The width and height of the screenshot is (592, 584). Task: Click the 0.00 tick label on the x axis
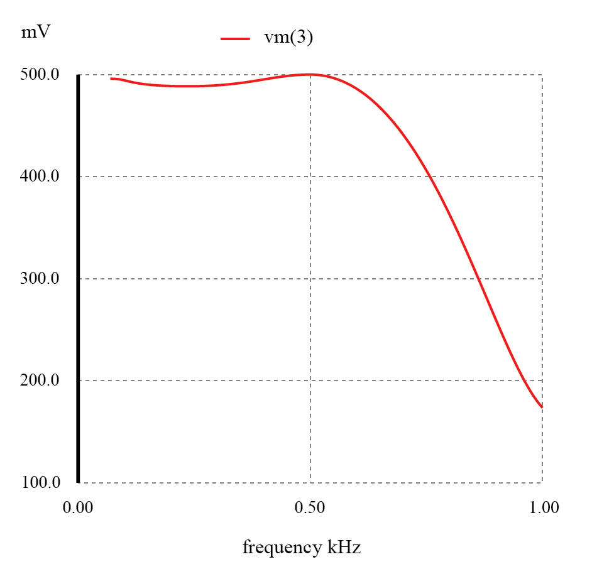tap(78, 507)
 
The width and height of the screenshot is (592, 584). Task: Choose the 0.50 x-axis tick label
tap(310, 507)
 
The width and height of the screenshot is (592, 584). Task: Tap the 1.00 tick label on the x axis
tap(542, 507)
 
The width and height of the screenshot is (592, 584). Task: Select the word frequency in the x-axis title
tap(281, 548)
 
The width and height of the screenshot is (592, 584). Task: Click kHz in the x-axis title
tap(343, 548)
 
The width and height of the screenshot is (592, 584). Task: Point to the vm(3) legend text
tap(288, 38)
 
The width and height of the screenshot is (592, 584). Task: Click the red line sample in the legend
tap(236, 38)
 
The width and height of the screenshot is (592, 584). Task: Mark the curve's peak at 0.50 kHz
tap(310, 74)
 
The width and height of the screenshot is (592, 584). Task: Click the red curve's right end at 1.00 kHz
tap(542, 407)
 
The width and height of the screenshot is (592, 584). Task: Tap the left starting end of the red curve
tap(111, 78)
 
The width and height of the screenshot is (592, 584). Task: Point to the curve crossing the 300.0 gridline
tap(480, 279)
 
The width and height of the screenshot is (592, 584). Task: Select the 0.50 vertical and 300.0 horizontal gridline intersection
tap(310, 279)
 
